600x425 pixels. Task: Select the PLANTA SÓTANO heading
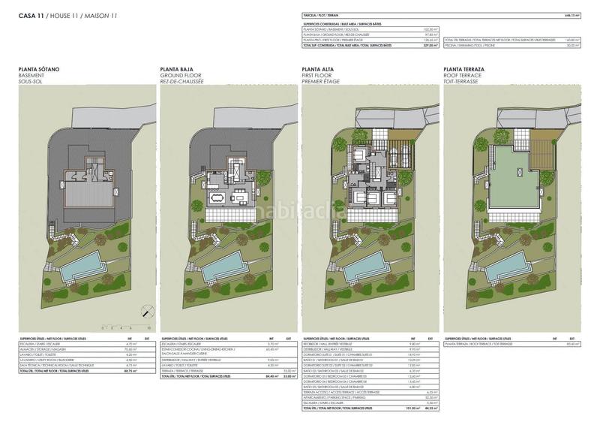tap(39, 69)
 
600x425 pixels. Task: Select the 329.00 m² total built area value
tap(428, 46)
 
